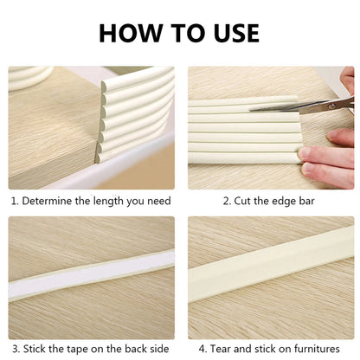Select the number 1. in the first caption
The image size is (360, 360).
click(15, 201)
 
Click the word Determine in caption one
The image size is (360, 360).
click(50, 201)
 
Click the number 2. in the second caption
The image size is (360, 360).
click(227, 201)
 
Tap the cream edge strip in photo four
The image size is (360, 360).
click(268, 273)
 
